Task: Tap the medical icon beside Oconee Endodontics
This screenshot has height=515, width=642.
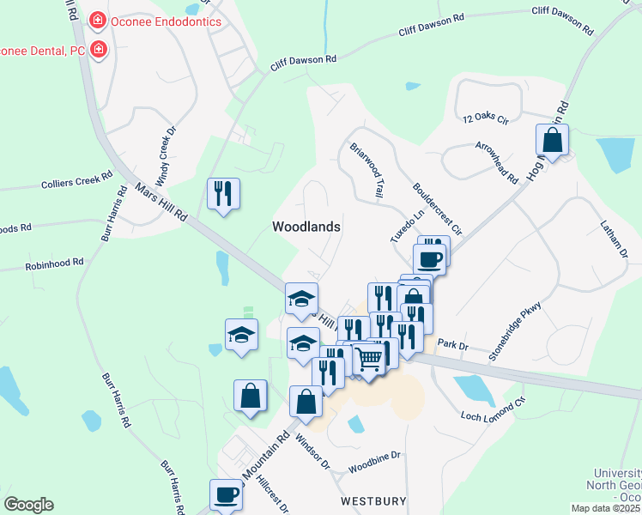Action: tap(99, 21)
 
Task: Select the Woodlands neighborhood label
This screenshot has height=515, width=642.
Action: tap(306, 227)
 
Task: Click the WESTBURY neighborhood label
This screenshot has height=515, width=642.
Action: tap(372, 500)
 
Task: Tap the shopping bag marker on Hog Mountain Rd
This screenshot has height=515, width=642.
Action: tap(552, 140)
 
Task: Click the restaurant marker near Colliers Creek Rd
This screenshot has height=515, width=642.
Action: tap(223, 194)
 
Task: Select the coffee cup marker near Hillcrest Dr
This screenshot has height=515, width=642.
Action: tap(226, 494)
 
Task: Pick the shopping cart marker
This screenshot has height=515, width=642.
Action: tap(368, 359)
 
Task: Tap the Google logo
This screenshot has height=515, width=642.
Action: tap(28, 505)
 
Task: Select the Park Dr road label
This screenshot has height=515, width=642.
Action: tap(451, 344)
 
